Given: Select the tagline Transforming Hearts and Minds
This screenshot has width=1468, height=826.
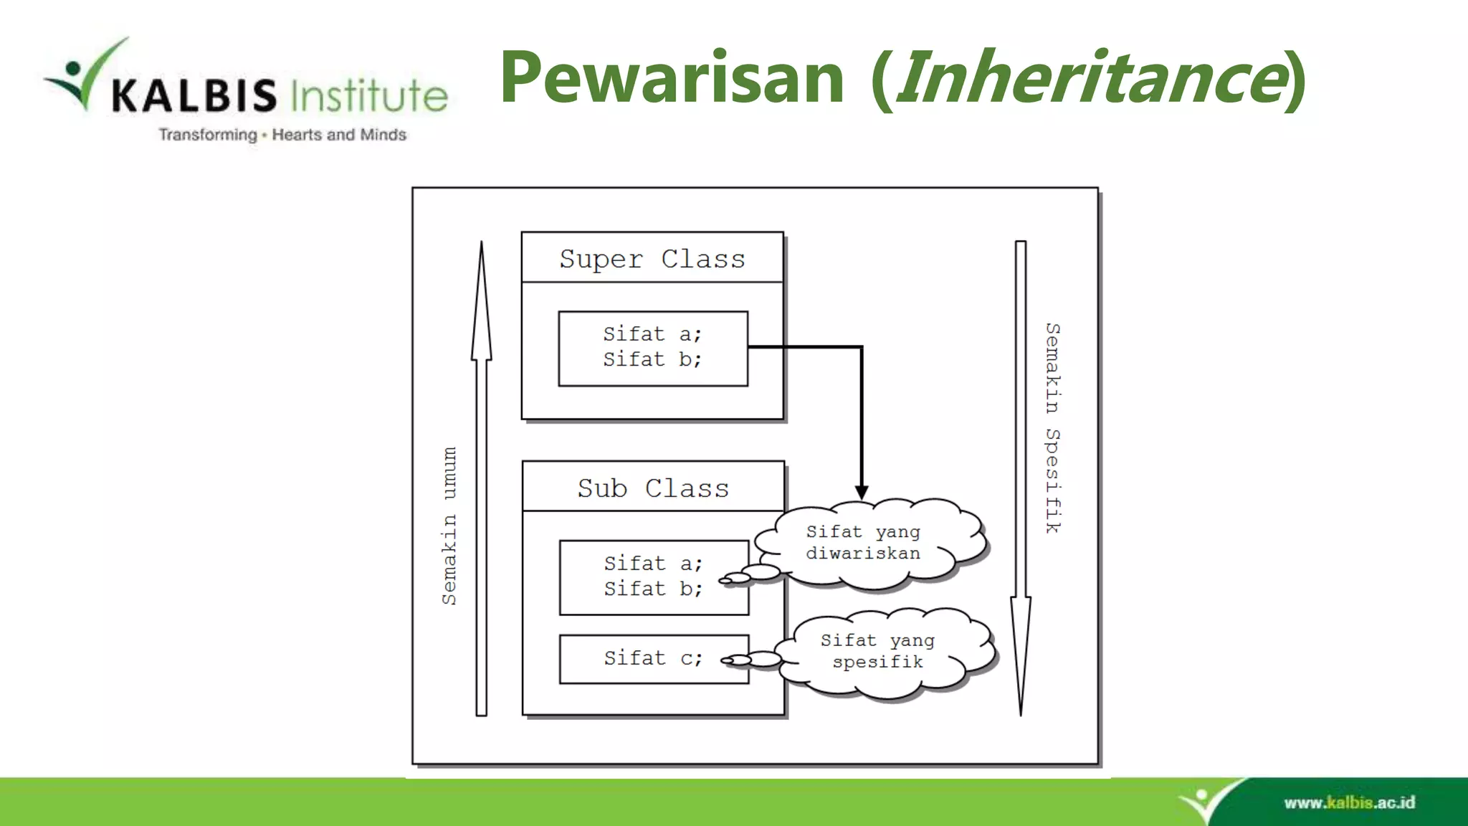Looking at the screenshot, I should (282, 135).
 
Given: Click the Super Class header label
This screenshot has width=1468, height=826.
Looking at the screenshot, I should (652, 258).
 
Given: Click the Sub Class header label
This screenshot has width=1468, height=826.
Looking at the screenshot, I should (653, 488).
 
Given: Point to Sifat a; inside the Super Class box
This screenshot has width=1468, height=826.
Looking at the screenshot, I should (652, 334).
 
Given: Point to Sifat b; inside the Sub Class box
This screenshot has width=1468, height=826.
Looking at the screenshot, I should (652, 589).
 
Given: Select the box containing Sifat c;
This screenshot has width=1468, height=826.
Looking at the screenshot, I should (654, 658).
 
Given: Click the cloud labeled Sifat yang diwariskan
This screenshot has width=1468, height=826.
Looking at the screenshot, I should (867, 543).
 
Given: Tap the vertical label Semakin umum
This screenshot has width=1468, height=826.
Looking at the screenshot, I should (449, 525).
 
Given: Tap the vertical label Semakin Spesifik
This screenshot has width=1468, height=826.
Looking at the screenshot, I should (1052, 428).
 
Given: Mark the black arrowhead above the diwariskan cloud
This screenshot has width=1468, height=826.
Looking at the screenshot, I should (862, 493).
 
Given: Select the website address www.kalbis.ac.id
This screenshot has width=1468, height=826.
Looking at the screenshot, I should (1349, 802).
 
